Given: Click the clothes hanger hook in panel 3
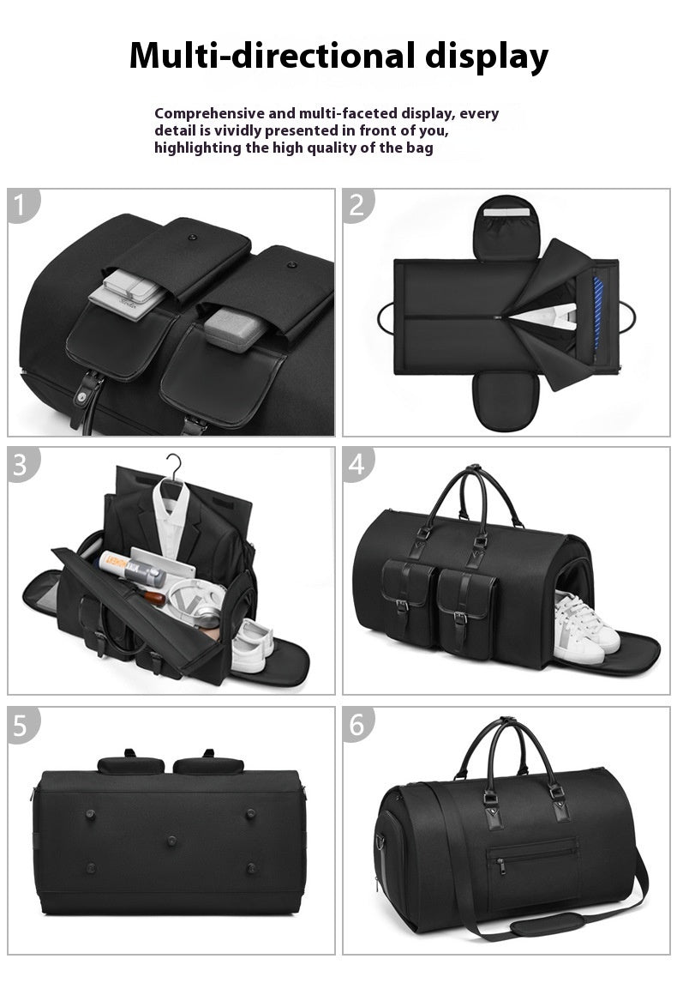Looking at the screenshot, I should click(174, 464).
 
